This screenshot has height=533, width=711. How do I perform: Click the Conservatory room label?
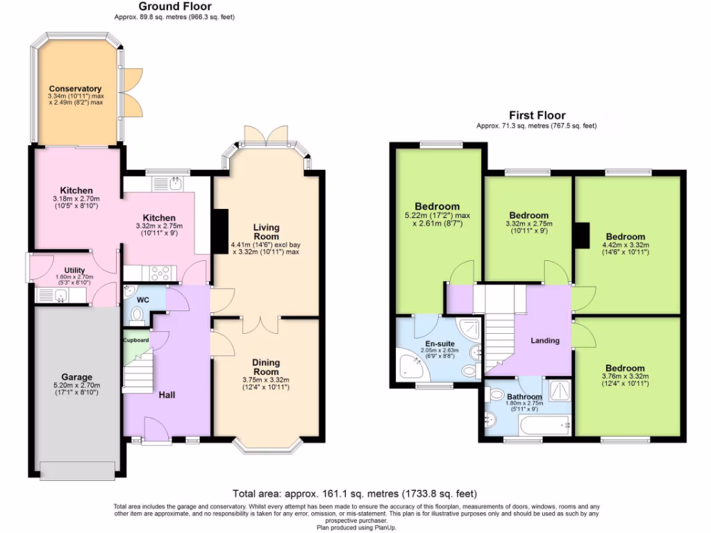coord(75,89)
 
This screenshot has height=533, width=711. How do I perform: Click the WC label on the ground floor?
coord(143,300)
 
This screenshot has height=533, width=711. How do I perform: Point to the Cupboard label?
coord(136,341)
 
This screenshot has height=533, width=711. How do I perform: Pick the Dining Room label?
coord(266,366)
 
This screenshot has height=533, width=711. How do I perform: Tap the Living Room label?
coord(267,232)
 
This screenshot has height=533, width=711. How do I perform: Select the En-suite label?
coord(440,343)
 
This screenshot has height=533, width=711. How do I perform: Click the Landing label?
coord(545,341)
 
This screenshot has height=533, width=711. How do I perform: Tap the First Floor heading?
coord(537,115)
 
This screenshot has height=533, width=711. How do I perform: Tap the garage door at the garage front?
coord(78,471)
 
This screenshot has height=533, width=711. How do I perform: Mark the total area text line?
coord(355,494)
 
